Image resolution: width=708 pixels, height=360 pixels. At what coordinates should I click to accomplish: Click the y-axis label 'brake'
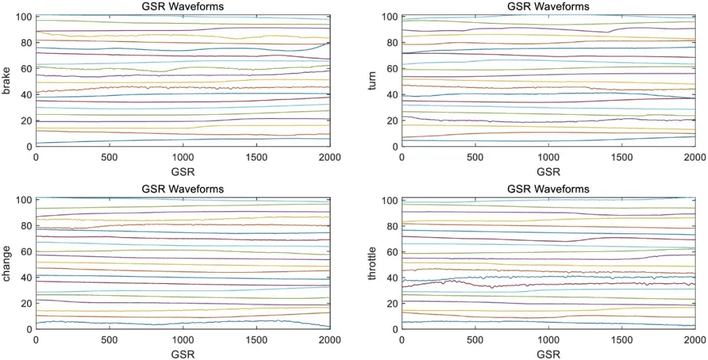point(7,81)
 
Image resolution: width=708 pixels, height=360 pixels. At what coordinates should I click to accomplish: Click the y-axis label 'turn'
point(372,81)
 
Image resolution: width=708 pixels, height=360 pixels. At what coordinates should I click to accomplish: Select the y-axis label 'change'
point(7,264)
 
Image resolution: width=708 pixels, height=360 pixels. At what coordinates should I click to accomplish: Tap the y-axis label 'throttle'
point(372,264)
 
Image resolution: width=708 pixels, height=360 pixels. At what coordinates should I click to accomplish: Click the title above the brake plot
point(182,7)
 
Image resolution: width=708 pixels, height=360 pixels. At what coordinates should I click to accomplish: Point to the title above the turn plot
point(548,7)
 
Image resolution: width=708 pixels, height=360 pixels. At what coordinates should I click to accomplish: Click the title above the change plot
point(182,189)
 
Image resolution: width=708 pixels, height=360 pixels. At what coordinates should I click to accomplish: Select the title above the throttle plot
point(548,189)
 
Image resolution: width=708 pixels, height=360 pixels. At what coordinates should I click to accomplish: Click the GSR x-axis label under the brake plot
point(182,172)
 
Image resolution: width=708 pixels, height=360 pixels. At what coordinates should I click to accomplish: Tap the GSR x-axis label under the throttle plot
point(548,355)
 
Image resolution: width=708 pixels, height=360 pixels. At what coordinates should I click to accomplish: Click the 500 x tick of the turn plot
point(475,158)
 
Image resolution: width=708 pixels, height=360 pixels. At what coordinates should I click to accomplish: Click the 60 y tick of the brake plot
point(26,69)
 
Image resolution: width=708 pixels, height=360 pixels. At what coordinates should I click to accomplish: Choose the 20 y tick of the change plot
point(26,304)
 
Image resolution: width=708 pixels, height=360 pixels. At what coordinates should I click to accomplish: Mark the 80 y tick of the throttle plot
point(392,226)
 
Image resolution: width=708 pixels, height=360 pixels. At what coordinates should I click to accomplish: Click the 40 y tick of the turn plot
point(392,94)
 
